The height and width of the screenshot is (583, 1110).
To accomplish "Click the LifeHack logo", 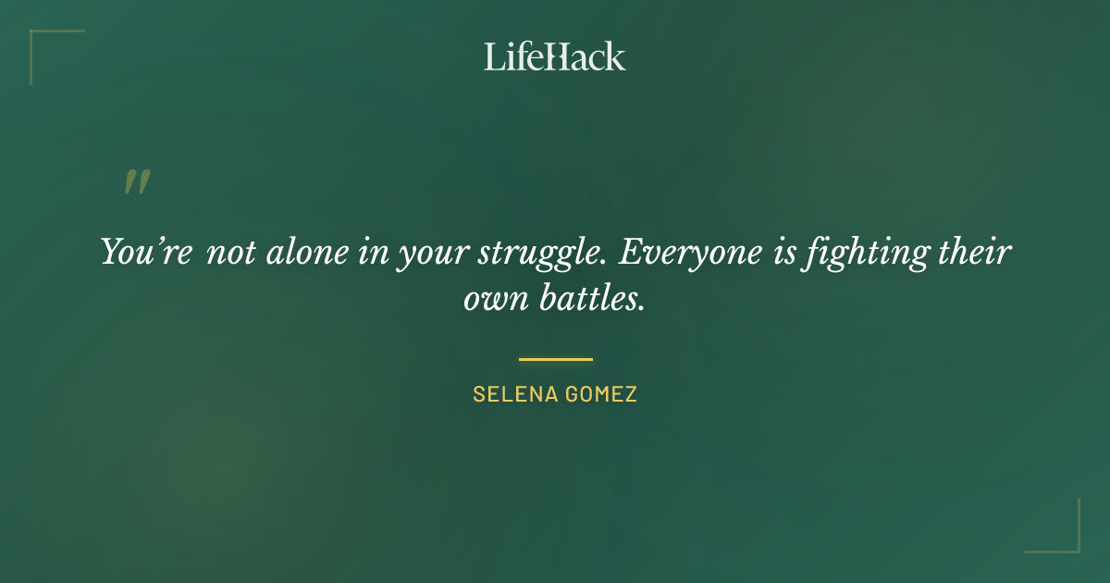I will click(554, 56).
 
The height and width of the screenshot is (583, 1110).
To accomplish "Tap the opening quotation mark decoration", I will click(137, 182).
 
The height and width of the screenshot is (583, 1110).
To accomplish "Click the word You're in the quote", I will click(146, 253).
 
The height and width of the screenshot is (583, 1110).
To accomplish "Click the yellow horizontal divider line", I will click(555, 359).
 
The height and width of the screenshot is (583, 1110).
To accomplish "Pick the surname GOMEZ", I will click(602, 394).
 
